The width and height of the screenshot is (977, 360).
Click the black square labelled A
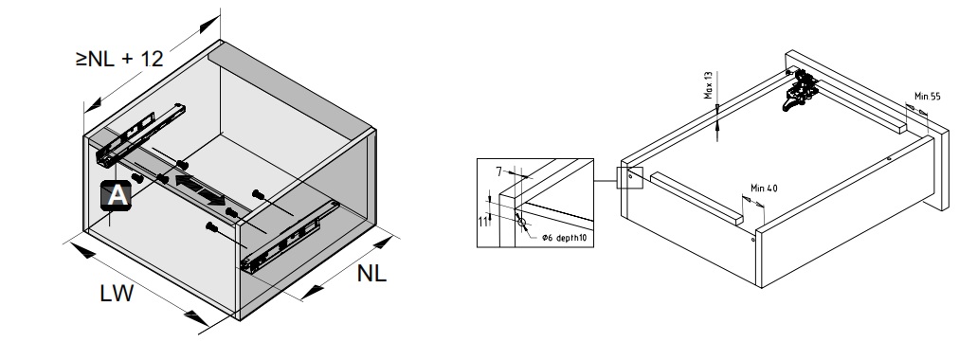(x=116, y=195)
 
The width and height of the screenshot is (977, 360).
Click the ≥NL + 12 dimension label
(x=119, y=59)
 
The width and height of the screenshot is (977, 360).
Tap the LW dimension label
(x=117, y=294)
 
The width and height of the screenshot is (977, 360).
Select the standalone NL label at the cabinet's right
(x=372, y=274)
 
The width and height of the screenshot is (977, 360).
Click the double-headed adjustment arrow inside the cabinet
(x=200, y=190)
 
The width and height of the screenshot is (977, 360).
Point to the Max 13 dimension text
(x=709, y=85)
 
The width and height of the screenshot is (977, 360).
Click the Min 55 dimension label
(x=927, y=97)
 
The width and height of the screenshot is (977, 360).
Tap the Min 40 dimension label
(x=764, y=189)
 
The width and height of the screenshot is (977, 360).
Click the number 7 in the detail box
(x=498, y=171)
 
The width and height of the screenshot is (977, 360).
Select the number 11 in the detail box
(x=483, y=221)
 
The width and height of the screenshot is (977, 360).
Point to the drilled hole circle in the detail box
(x=521, y=222)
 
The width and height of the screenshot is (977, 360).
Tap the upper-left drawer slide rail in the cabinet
(x=141, y=135)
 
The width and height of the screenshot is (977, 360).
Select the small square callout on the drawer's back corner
(x=629, y=177)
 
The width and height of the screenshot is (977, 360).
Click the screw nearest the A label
(x=137, y=178)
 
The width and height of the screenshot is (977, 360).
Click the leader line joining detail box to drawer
(x=605, y=181)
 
